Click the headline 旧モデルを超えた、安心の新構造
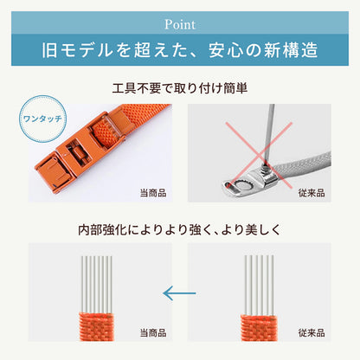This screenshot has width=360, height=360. coord(179,48)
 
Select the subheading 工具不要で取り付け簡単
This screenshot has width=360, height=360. coord(179,88)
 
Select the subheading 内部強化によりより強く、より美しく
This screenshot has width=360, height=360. coord(179,231)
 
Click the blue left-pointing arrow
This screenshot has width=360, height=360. coord(180,295)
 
